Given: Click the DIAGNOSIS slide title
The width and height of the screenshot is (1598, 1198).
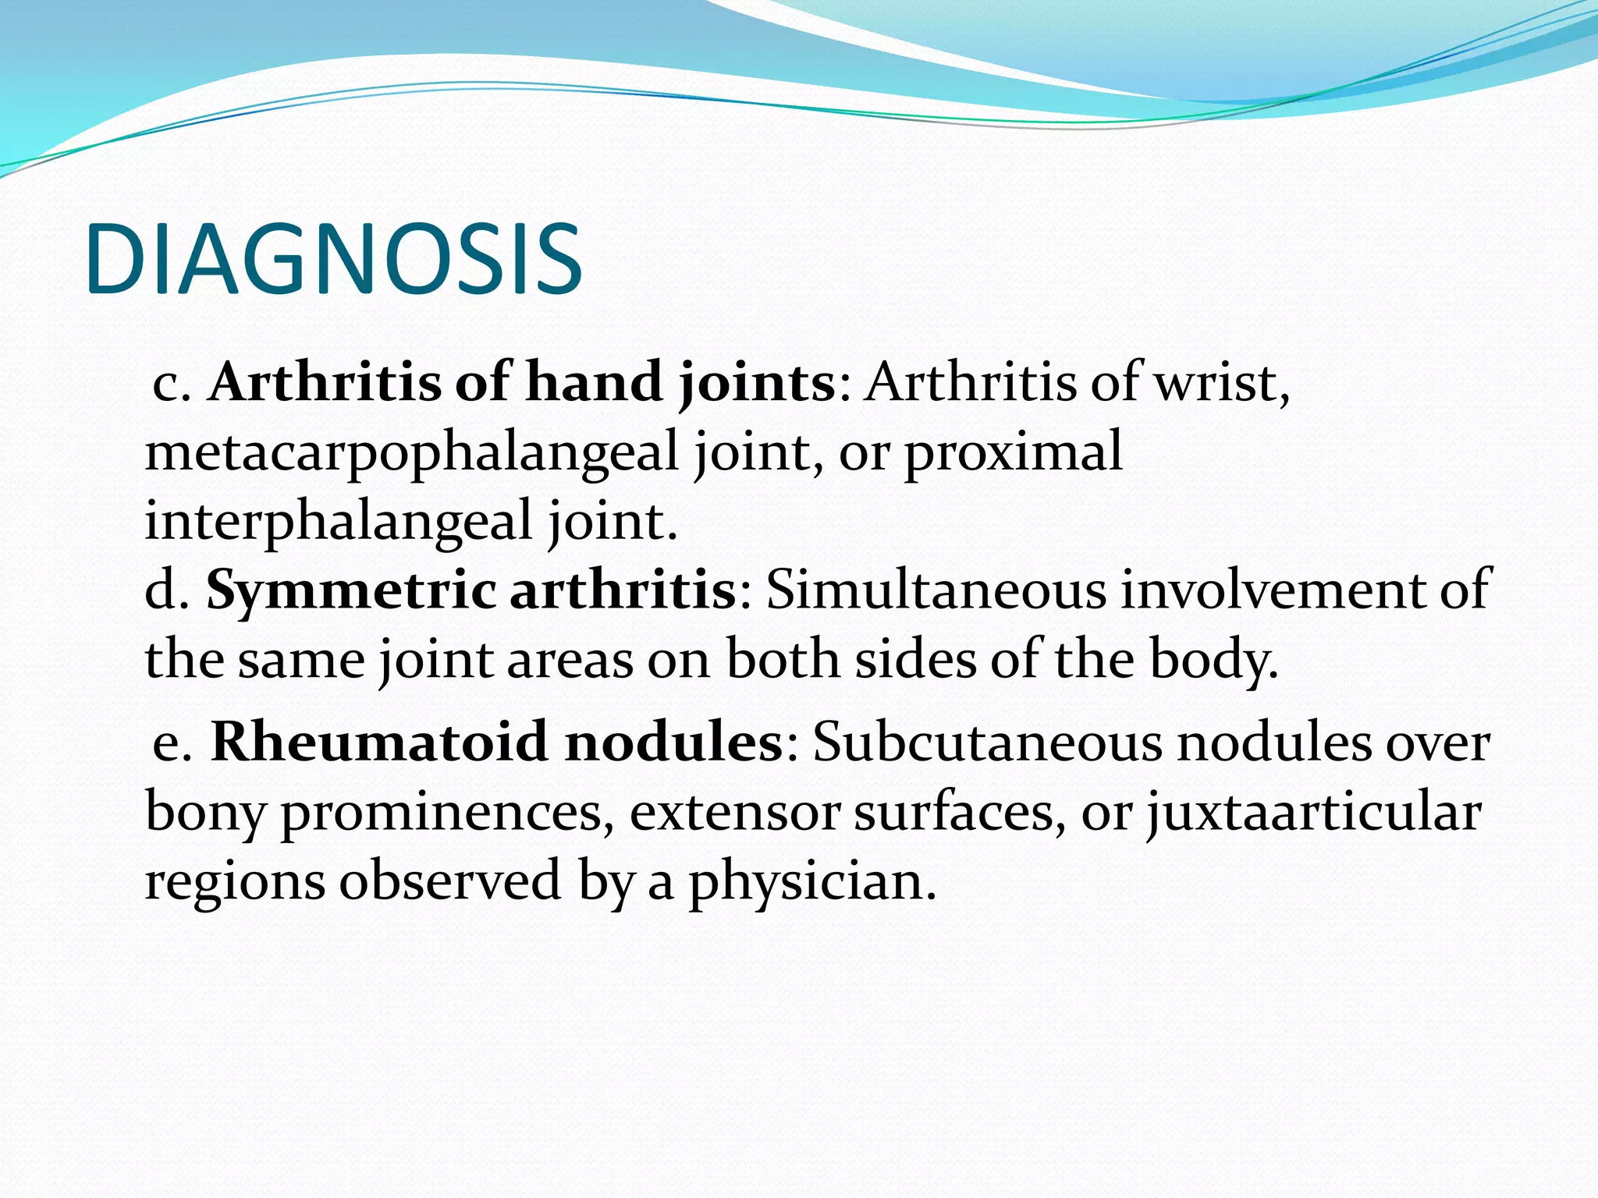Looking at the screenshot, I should [334, 260].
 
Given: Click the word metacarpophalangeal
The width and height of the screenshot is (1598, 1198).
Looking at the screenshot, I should [412, 452].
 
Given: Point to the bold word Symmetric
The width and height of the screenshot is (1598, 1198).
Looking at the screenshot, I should [351, 590].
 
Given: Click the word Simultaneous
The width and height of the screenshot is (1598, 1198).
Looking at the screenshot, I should [936, 590].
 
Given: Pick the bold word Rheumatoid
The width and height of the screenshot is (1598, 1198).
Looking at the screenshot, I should [380, 742].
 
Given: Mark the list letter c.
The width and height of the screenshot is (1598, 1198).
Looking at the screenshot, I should [170, 385].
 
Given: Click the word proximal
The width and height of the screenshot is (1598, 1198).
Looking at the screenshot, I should [1013, 452].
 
